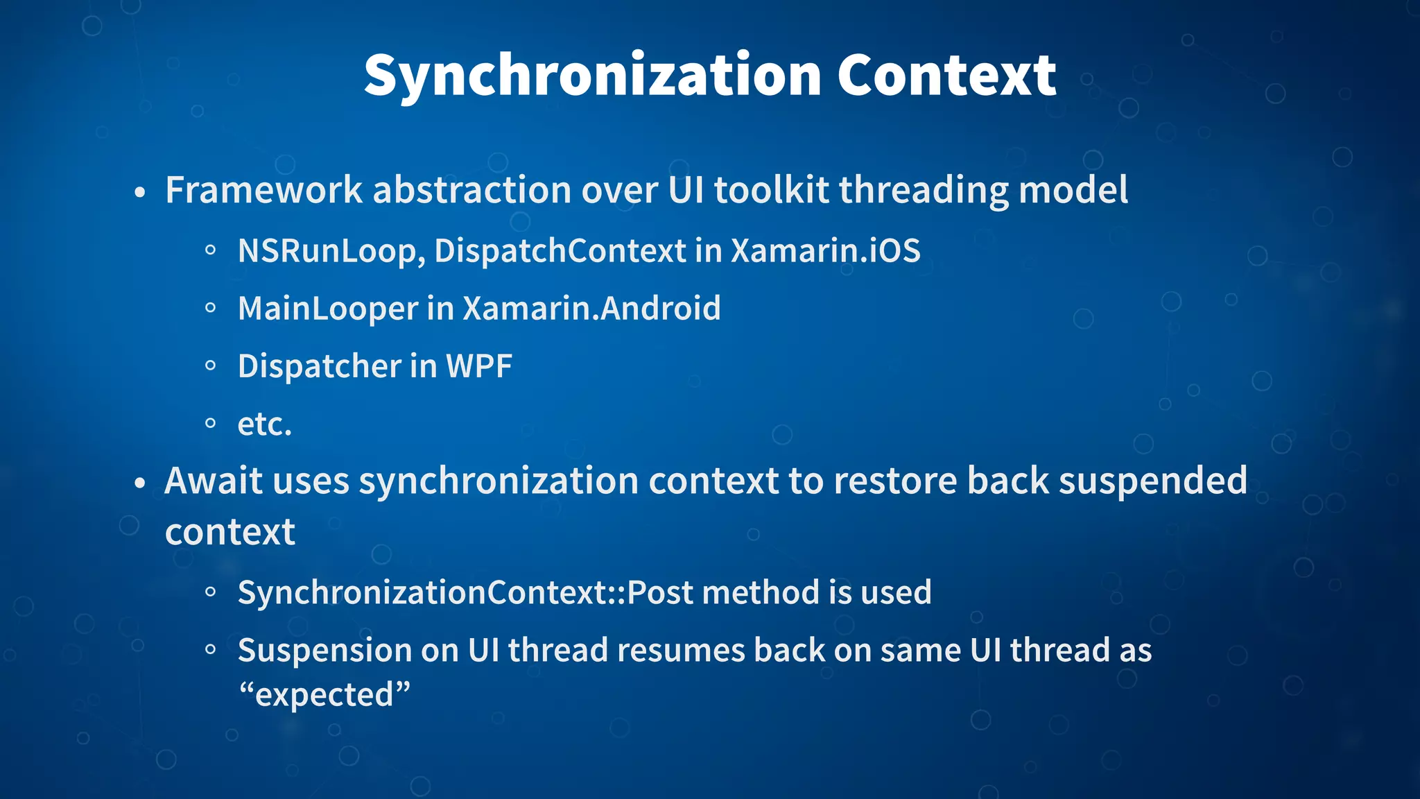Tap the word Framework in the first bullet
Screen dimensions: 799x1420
pos(264,190)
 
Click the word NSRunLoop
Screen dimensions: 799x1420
pos(330,251)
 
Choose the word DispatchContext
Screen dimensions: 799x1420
pos(560,251)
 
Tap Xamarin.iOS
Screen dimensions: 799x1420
pos(825,251)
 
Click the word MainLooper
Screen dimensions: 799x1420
pos(327,309)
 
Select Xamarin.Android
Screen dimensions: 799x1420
pos(591,309)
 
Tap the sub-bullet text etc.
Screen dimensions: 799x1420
pos(264,424)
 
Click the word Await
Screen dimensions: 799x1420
pos(213,481)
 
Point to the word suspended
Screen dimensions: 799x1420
pos(1152,481)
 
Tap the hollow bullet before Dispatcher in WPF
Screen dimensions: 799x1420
pos(211,366)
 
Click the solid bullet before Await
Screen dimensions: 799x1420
pos(140,483)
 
